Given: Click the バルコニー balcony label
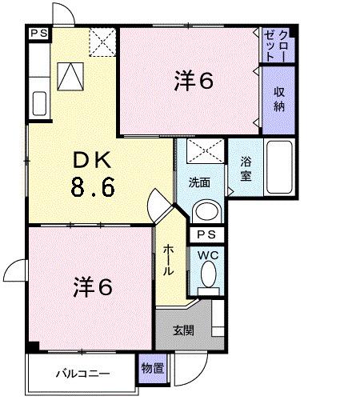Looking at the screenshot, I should (82, 374).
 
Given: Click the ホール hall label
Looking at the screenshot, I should (169, 259).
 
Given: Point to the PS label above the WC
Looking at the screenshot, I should (206, 235).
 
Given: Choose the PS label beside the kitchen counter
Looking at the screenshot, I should (38, 34).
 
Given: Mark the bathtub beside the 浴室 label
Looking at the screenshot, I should (281, 169).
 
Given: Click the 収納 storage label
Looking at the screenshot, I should (280, 98).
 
